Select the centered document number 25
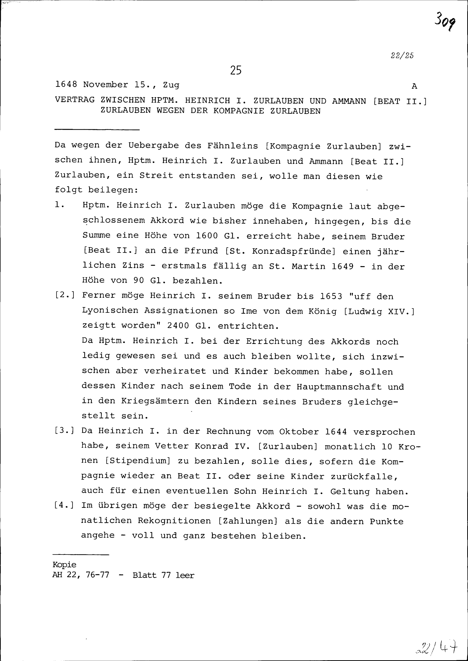(236, 70)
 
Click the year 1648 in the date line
(66, 84)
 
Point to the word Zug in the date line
(171, 85)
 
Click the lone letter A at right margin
(414, 86)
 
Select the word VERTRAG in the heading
(75, 100)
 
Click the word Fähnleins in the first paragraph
(233, 146)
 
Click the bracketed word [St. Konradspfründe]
(280, 251)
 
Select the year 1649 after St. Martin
(342, 266)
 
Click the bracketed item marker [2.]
(65, 295)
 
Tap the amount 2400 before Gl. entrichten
(178, 326)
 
